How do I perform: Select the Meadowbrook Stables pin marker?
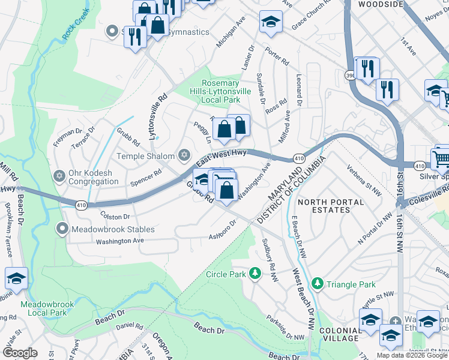(62, 229)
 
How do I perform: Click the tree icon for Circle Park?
(256, 274)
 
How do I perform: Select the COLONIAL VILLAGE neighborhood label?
(340, 334)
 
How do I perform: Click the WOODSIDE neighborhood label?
(380, 4)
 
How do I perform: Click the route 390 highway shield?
(350, 75)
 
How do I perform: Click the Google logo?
(20, 353)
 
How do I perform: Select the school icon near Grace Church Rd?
(271, 22)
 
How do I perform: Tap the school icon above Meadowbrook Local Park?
(16, 278)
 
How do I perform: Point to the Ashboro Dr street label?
(223, 231)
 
